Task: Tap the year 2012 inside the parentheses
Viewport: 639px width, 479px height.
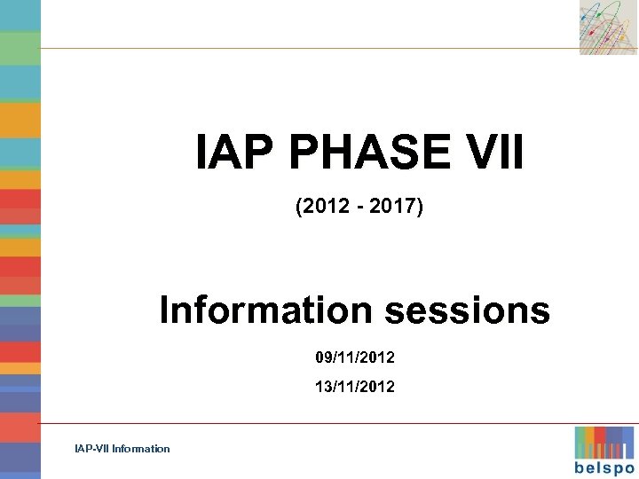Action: pos(321,208)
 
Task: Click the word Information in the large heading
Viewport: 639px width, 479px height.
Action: pos(265,311)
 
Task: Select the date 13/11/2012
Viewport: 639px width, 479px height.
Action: pos(355,387)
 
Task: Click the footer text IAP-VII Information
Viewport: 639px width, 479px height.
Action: pos(122,449)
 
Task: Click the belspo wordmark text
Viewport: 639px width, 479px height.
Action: pos(604,467)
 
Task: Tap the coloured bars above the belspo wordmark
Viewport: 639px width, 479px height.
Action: pos(604,442)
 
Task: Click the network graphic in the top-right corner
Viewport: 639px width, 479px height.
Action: pos(608,27)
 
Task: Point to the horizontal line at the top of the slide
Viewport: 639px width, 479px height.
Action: pos(311,48)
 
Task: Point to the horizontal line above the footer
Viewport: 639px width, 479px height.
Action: pos(311,423)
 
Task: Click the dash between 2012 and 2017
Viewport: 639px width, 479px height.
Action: pos(359,208)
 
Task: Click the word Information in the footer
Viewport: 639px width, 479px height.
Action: pos(141,449)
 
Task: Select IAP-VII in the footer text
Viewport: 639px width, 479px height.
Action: pos(92,449)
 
